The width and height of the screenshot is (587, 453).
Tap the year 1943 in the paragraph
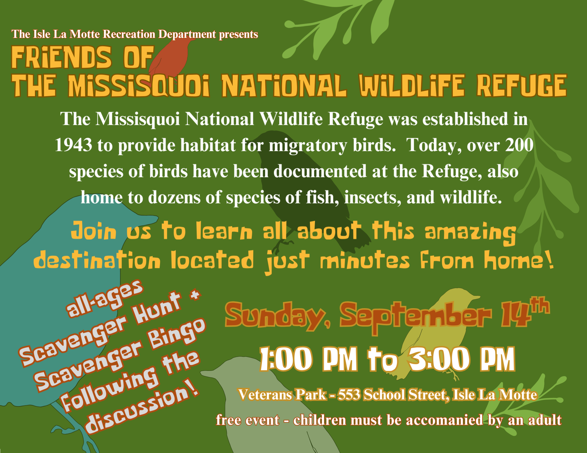[73, 145]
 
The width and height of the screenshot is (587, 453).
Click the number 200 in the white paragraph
[519, 145]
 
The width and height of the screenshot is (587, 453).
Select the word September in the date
[416, 317]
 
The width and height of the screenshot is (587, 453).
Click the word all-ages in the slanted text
[104, 298]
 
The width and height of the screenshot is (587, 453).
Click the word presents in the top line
[239, 34]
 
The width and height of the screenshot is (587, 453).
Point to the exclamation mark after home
[550, 259]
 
